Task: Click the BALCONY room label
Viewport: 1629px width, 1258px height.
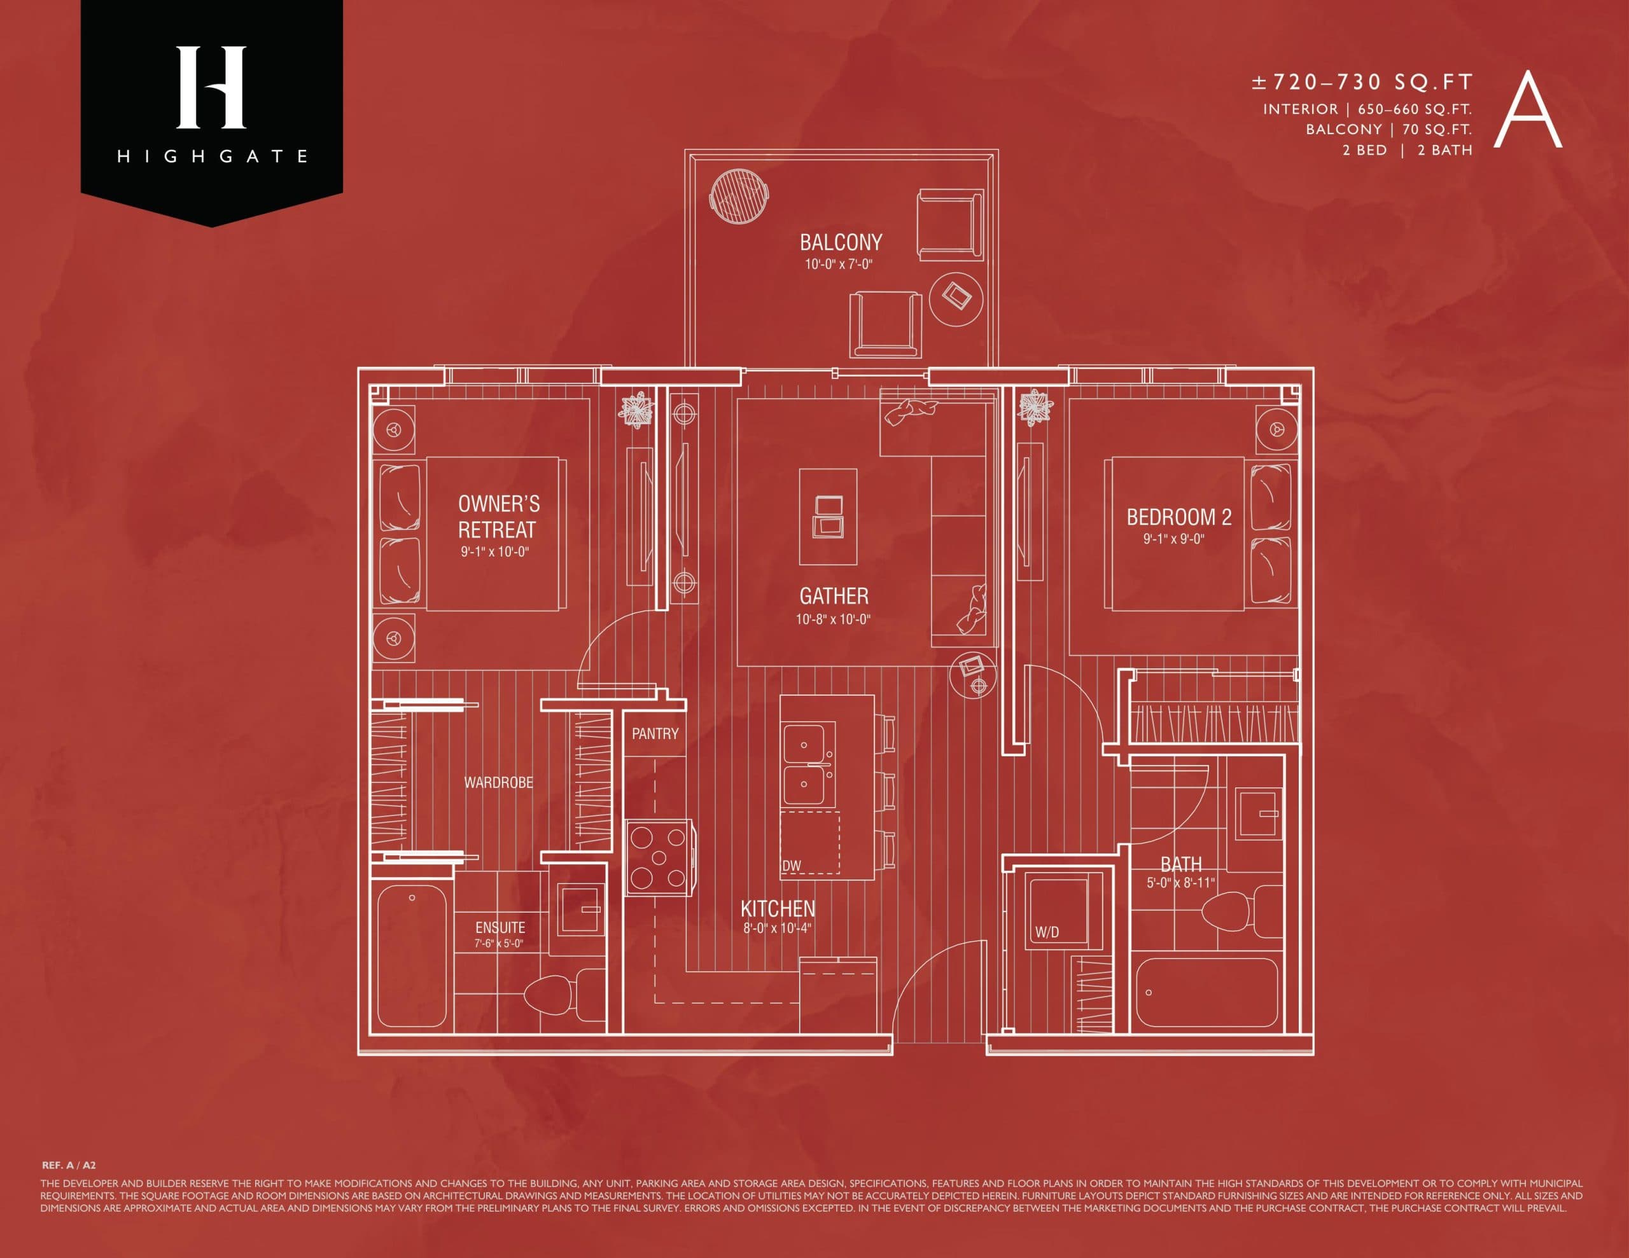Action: (841, 242)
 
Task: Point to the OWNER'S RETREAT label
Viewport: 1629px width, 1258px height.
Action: (498, 517)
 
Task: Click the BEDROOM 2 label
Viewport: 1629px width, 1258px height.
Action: (1178, 517)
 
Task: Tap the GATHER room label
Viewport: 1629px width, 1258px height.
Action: (834, 597)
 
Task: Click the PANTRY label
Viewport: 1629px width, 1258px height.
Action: (655, 734)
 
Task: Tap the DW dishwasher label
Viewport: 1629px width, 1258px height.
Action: (792, 866)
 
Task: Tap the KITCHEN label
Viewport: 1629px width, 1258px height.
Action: (777, 908)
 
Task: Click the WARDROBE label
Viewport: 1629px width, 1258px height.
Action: (498, 782)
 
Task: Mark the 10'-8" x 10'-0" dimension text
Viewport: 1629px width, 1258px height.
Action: (833, 619)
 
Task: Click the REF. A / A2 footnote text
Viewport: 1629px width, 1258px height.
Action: (69, 1165)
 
